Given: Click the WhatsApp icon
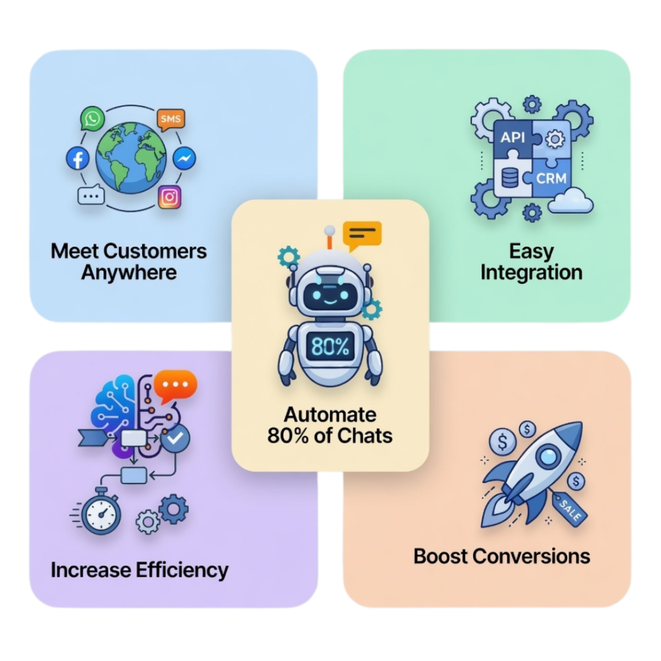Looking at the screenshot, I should point(92,119).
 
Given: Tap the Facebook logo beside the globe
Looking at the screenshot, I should point(77,158).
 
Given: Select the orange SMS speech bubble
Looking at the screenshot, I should point(170,119).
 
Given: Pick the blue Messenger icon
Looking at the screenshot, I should point(185,159).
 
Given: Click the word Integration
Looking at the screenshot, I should point(531,272).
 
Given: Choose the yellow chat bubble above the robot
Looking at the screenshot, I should point(362,236).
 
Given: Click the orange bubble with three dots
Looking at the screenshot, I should point(175,385).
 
